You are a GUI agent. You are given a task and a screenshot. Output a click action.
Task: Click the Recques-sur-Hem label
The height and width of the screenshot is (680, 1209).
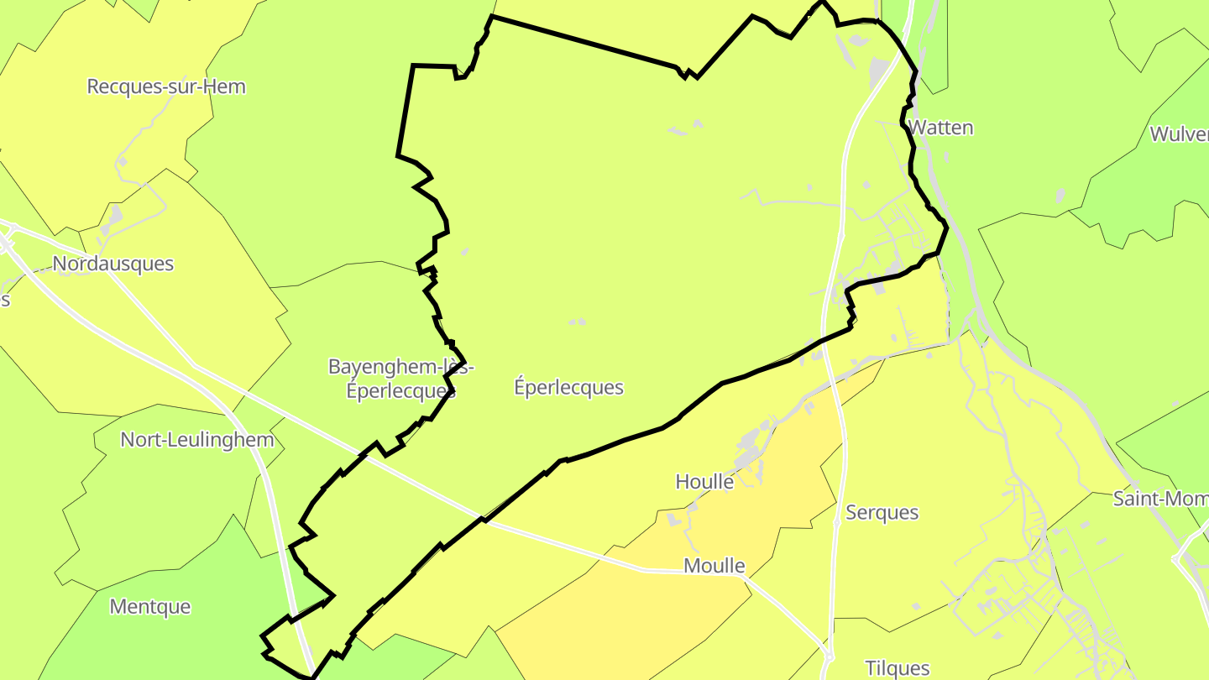166,86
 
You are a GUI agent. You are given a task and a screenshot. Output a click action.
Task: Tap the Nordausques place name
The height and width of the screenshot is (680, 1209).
113,264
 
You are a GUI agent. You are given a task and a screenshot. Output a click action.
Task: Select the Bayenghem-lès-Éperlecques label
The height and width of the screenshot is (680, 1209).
401,379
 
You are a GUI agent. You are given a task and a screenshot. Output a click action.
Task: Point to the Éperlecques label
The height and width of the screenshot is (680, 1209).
568,387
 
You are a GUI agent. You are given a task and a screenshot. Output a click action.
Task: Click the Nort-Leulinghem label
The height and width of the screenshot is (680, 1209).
197,440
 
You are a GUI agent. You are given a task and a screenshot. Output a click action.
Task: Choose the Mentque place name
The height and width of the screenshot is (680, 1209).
150,606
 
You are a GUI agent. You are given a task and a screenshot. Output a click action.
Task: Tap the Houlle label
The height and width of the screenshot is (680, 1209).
704,482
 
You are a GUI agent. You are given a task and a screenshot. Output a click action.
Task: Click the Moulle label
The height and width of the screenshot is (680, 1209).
714,566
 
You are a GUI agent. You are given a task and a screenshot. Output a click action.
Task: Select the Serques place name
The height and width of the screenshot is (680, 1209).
882,512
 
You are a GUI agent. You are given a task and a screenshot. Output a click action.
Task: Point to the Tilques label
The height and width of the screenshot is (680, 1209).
898,668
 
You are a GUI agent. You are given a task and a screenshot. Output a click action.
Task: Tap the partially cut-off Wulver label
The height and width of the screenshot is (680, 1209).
1179,134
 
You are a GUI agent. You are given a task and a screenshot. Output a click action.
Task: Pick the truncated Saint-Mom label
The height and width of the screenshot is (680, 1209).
1160,499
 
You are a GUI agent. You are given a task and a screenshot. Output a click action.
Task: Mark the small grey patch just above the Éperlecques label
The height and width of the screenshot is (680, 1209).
577,322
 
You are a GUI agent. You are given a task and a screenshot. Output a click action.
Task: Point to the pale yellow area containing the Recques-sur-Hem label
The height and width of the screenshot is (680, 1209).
101,134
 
